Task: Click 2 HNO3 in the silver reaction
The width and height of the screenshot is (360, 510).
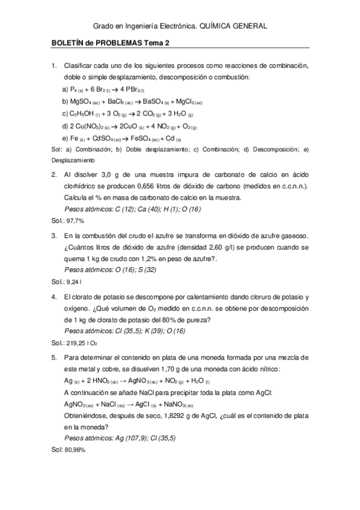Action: (100, 381)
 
